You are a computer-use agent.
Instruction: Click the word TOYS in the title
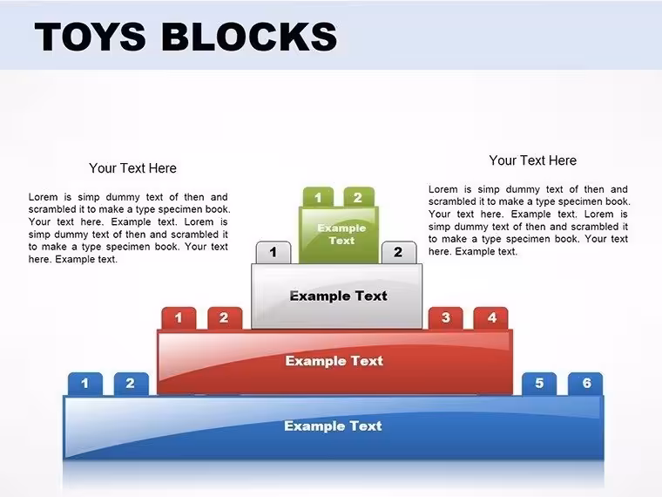[x=91, y=37]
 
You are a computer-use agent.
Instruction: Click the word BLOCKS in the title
[x=249, y=37]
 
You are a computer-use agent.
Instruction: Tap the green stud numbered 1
[x=318, y=197]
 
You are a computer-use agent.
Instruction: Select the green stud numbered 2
[x=359, y=197]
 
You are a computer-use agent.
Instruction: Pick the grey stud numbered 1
[x=274, y=252]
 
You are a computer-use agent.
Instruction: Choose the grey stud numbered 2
[x=399, y=252]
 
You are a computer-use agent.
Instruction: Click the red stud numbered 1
[x=179, y=318]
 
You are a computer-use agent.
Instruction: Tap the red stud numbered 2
[x=225, y=318]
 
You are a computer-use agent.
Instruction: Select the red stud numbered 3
[x=445, y=318]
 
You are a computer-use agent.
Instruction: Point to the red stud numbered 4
[x=491, y=318]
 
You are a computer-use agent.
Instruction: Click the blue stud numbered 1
[x=84, y=384]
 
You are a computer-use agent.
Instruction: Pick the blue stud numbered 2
[x=131, y=384]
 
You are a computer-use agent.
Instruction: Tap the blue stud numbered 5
[x=539, y=384]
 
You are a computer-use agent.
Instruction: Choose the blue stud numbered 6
[x=585, y=384]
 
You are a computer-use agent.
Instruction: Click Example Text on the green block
[x=341, y=235]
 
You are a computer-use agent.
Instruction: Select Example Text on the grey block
[x=338, y=296]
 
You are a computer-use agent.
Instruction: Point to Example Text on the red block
[x=334, y=361]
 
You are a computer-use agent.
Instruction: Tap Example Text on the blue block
[x=333, y=426]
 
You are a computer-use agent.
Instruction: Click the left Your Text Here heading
[x=132, y=168]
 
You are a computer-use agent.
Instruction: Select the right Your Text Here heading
[x=533, y=160]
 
